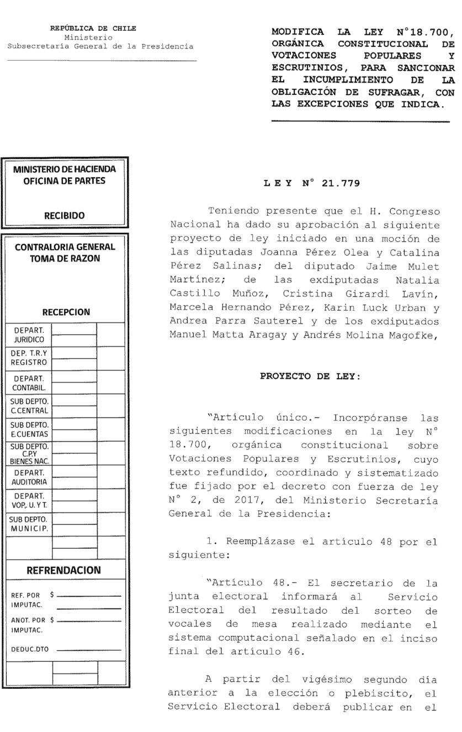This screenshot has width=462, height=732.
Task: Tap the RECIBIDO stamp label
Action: click(66, 215)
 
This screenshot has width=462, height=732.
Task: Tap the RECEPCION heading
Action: click(66, 312)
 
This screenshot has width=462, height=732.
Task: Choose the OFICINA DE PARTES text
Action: click(66, 179)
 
